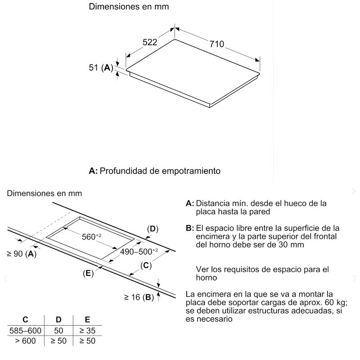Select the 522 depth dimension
(150, 42)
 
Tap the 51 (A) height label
(100, 68)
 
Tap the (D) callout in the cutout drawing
(153, 229)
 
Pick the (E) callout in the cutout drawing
(88, 273)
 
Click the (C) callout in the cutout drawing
(145, 265)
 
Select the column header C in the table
(25, 320)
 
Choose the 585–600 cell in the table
(25, 331)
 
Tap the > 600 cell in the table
(25, 341)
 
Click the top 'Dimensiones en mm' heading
(129, 7)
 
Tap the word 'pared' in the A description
(261, 211)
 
